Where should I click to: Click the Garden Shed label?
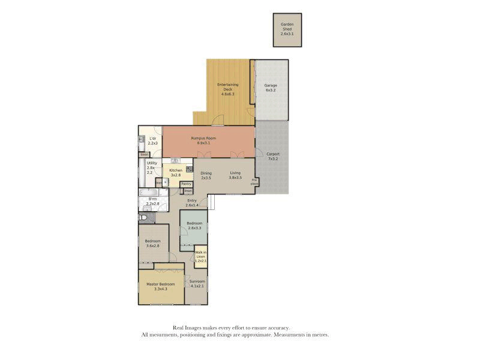287,29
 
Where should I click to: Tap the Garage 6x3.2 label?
271,88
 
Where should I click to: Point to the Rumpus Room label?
203,140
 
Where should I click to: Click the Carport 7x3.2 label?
273,157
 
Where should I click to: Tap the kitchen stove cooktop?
188,169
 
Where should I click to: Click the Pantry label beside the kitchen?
186,184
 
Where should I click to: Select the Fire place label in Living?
254,181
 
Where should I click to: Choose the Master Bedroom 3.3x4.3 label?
161,287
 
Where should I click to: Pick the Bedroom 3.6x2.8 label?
152,243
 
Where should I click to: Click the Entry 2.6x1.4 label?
192,203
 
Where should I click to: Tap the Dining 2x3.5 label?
206,175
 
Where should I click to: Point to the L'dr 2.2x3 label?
152,140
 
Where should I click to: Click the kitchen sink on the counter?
175,161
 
